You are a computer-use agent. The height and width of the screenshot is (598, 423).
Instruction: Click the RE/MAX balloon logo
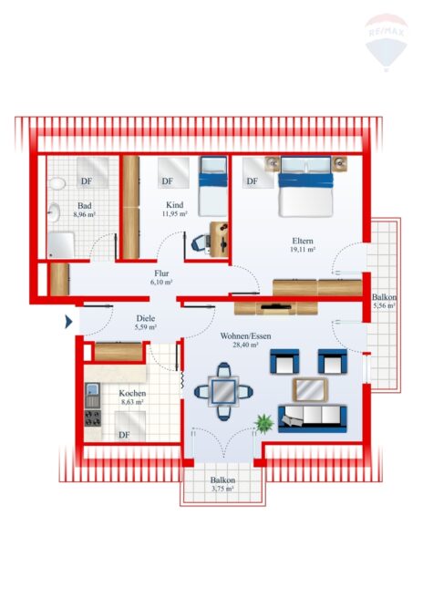[387, 42]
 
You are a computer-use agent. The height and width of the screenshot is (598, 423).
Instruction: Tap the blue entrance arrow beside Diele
[68, 322]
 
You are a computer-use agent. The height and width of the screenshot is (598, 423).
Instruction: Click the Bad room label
[84, 206]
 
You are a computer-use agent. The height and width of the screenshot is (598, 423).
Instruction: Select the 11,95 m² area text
[175, 213]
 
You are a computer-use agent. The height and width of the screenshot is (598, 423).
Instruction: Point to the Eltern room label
[303, 241]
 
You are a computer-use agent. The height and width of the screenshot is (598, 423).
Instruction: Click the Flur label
[161, 273]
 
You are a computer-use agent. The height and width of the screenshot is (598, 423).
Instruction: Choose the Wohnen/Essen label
[245, 336]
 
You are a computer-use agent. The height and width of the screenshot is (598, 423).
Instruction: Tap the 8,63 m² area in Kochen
[132, 402]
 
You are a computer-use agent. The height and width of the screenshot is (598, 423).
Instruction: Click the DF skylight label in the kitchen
[124, 435]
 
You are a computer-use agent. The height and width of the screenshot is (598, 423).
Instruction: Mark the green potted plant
[264, 423]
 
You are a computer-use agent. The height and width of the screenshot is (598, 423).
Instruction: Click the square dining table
[223, 391]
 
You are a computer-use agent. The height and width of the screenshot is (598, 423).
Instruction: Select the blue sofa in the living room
[313, 418]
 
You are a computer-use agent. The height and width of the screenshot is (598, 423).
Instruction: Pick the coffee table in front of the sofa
[310, 390]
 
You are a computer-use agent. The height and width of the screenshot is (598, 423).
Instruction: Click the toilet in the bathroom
[57, 183]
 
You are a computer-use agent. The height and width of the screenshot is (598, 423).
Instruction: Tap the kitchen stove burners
[93, 418]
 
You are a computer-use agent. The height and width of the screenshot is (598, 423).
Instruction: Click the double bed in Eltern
[305, 187]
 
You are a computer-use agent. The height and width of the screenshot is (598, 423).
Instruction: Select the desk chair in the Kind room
[200, 242]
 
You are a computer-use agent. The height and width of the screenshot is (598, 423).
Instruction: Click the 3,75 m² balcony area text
[222, 489]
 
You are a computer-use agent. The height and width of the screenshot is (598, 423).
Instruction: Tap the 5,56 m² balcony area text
[384, 305]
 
